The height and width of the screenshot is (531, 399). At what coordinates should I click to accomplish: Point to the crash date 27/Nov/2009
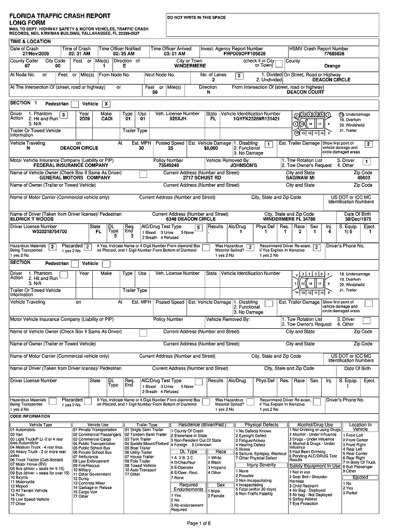click(36, 54)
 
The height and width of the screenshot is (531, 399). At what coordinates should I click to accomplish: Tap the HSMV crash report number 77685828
click(334, 54)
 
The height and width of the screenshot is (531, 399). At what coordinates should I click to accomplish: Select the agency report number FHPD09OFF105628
click(245, 54)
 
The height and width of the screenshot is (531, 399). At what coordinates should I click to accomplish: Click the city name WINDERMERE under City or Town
click(190, 66)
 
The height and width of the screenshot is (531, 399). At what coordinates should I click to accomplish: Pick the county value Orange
click(332, 66)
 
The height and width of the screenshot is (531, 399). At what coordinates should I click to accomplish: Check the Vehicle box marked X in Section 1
click(106, 104)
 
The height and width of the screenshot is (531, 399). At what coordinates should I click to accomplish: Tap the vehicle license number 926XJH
click(178, 119)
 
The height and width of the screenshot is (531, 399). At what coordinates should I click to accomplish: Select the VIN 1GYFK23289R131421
click(256, 119)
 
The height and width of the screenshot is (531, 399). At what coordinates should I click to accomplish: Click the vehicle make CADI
click(106, 119)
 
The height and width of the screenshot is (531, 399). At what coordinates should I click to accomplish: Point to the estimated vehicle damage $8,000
click(211, 148)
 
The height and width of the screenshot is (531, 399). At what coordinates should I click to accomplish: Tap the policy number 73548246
click(168, 165)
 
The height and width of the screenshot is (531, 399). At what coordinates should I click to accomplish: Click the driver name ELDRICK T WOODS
click(32, 219)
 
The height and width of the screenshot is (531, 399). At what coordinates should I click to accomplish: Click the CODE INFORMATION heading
click(30, 416)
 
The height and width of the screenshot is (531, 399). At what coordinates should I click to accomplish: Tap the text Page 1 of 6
click(199, 522)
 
